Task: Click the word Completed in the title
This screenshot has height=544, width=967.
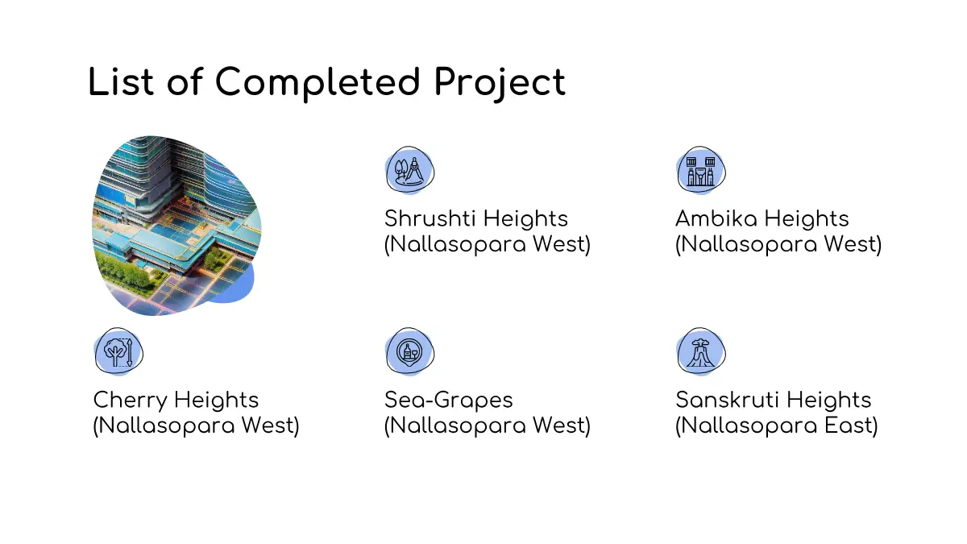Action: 317,82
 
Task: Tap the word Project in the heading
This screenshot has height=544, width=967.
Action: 500,84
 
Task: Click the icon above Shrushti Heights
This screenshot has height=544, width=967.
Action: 409,170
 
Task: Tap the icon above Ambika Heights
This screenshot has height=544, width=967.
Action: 701,170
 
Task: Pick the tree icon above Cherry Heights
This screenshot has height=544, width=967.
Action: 118,351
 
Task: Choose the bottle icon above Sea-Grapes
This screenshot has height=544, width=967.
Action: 409,351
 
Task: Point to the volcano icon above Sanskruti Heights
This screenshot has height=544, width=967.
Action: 701,351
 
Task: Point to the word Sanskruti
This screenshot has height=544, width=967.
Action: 728,400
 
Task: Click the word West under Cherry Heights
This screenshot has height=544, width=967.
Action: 270,426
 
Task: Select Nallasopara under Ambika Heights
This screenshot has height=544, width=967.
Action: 746,244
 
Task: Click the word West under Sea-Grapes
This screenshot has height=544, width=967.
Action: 561,426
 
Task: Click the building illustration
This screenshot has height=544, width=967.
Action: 176,226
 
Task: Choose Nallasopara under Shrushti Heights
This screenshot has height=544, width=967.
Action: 455,244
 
